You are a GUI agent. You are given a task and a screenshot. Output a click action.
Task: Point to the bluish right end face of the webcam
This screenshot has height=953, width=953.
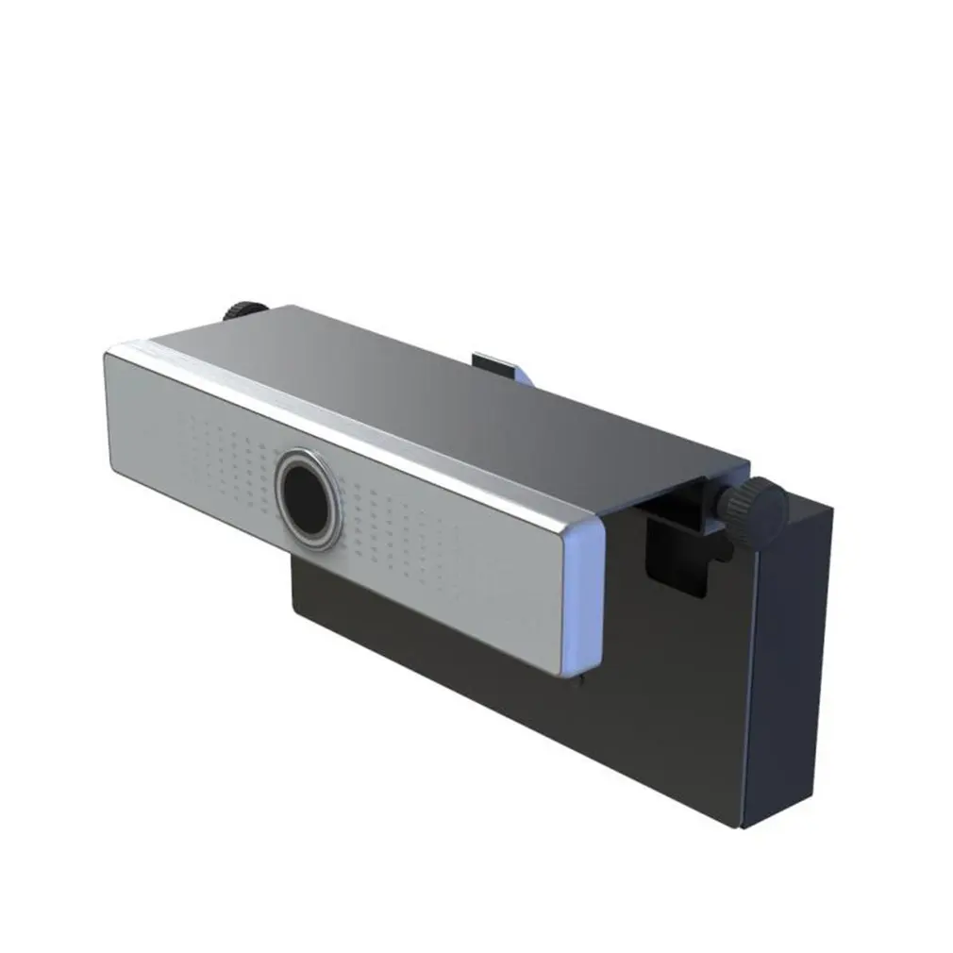point(582,599)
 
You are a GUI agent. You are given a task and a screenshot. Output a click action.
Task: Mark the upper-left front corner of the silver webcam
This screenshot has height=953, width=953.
point(107,354)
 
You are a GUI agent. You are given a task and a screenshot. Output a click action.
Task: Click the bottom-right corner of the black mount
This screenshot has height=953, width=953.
point(745,828)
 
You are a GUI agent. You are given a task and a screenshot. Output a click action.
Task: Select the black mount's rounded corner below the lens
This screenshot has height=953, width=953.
point(298,611)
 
